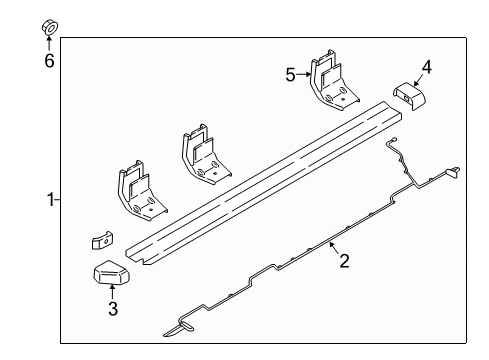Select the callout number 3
pyautogui.click(x=113, y=310)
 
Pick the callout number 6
pyautogui.click(x=48, y=61)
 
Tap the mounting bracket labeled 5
pyautogui.click(x=329, y=81)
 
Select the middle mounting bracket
pyautogui.click(x=201, y=154)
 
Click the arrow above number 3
pyautogui.click(x=113, y=294)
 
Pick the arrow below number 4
pyautogui.click(x=419, y=80)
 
